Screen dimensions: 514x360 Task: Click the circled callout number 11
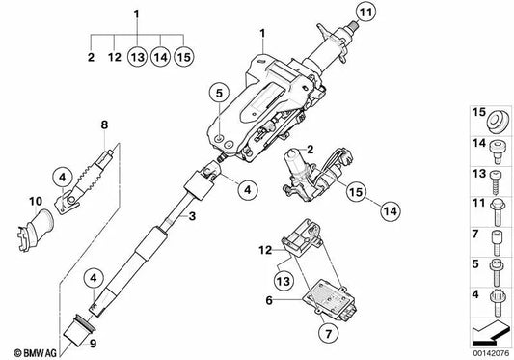tap(365, 13)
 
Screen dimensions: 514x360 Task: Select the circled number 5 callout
tap(219, 93)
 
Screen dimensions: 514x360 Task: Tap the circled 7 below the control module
tap(328, 333)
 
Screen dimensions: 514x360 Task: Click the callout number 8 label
tap(104, 125)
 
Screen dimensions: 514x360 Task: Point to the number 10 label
tap(36, 201)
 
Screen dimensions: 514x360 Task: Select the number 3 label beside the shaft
tap(192, 216)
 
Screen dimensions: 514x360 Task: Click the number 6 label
tap(269, 300)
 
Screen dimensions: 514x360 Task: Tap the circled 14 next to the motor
tap(391, 211)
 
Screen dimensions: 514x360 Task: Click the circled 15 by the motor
tap(356, 191)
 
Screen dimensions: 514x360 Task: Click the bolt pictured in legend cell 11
tap(497, 212)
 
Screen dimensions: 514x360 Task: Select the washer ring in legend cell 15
tap(498, 122)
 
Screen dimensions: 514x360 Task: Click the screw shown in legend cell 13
tap(496, 182)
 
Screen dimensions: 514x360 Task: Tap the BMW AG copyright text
tap(35, 353)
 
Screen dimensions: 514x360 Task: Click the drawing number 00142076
tap(491, 353)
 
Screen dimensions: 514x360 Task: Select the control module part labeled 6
tap(330, 301)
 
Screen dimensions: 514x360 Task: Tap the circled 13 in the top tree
tap(137, 57)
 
